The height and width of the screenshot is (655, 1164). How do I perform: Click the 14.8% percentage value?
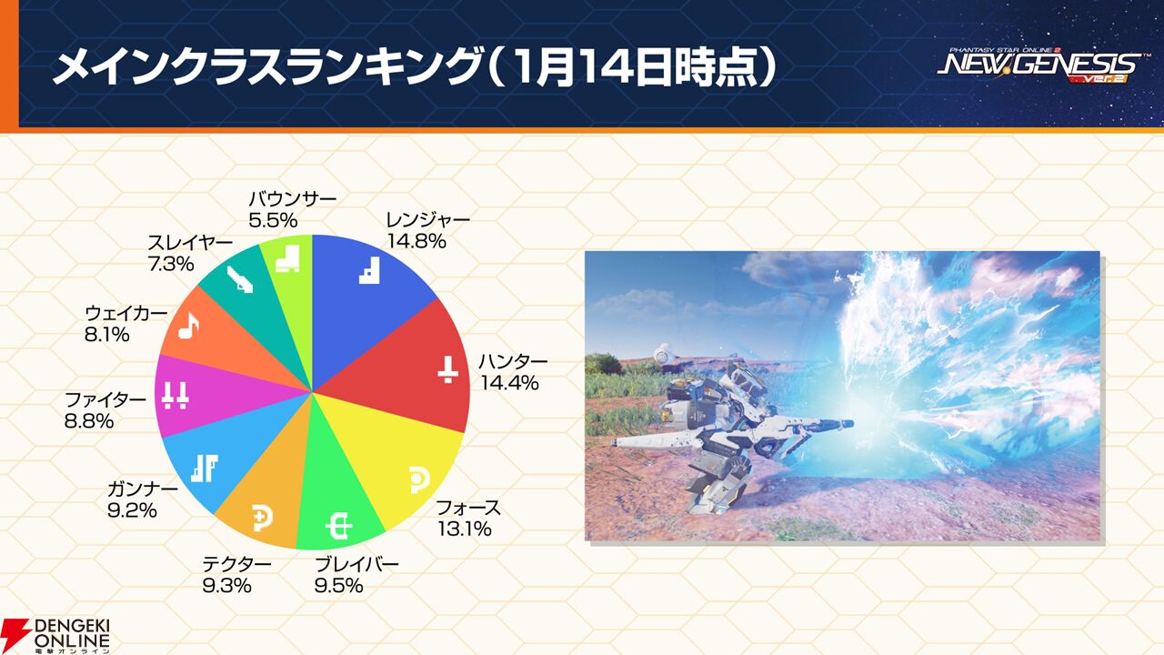pos(416,242)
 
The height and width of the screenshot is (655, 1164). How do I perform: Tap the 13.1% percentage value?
pos(464,529)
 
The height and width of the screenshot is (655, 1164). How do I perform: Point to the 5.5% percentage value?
pos(273,220)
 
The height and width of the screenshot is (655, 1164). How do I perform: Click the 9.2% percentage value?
pos(132,510)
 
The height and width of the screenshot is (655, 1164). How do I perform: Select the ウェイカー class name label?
pos(126,313)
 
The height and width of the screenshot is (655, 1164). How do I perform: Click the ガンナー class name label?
pos(143,489)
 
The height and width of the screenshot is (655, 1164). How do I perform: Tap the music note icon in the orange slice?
pos(188,326)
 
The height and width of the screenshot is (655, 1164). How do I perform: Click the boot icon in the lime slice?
pos(288,258)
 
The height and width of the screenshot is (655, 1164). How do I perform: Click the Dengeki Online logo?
pos(55,636)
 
